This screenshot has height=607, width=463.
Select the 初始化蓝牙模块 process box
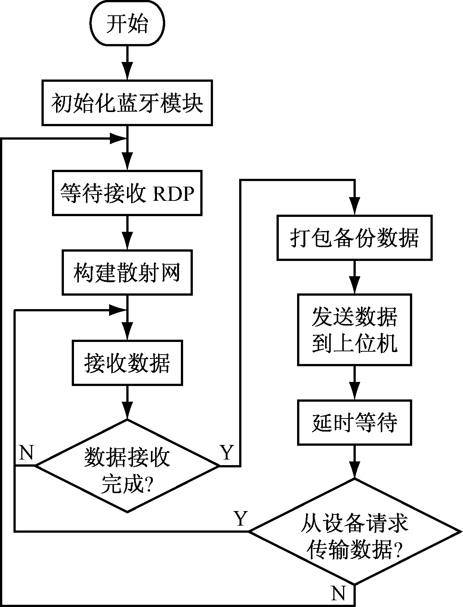127,103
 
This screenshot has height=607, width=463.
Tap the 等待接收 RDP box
127,193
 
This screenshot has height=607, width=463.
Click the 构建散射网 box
127,273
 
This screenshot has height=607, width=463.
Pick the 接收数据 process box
127,362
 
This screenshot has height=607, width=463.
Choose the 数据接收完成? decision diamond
127,466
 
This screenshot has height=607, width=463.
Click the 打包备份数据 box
354,237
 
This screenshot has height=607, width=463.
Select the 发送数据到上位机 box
354,330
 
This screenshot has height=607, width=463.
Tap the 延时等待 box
354,422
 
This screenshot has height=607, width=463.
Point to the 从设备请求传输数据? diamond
354,531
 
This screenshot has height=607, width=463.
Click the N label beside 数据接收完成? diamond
25,453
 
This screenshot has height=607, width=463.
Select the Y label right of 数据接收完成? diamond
227,453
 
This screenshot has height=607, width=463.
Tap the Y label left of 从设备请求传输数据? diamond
241,519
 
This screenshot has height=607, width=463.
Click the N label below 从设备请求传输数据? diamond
339,593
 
